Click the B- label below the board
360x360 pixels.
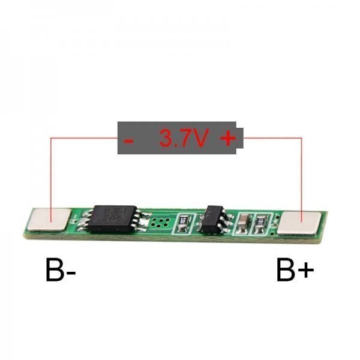(x=61, y=270)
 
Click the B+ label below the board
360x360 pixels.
(x=295, y=270)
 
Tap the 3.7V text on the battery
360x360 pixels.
(x=184, y=138)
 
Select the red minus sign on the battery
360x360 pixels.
(x=128, y=140)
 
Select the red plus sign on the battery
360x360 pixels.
(x=228, y=138)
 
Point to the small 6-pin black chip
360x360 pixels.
(x=215, y=219)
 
